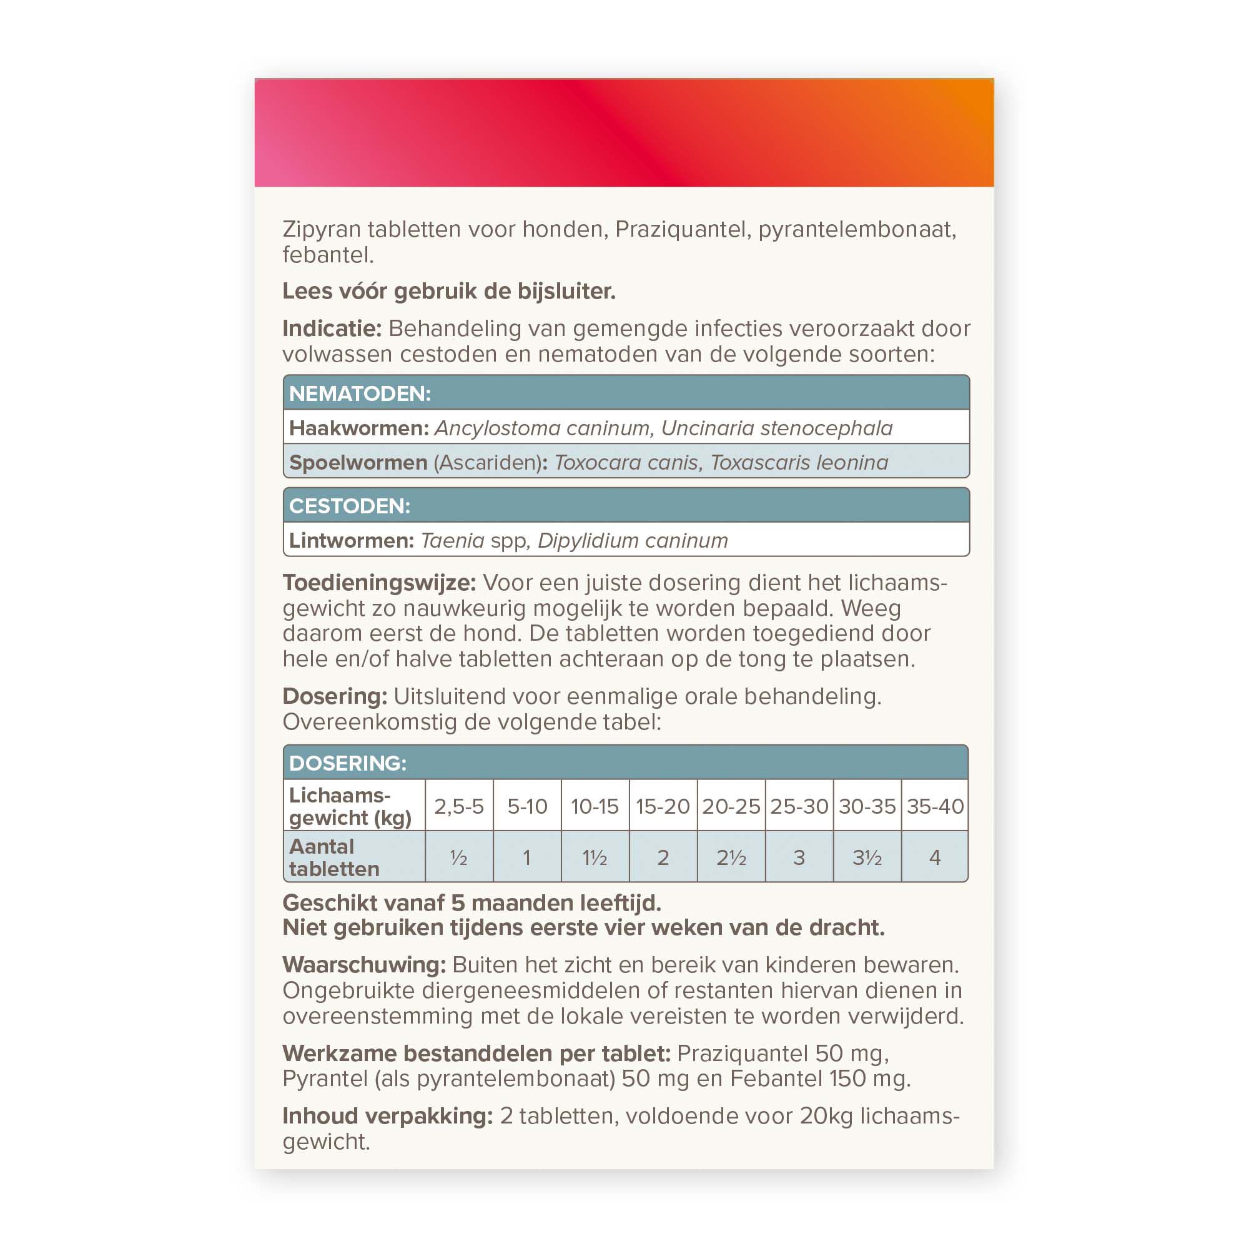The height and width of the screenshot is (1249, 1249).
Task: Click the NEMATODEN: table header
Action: [626, 392]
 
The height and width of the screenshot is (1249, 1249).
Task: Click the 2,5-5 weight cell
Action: [459, 806]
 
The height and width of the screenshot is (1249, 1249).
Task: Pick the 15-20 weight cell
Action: [663, 806]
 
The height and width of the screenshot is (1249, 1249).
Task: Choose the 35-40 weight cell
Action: [934, 806]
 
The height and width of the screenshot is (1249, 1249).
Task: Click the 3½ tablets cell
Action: [867, 857]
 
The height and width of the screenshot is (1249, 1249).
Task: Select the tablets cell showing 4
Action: [934, 857]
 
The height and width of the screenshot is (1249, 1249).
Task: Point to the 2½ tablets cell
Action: [731, 857]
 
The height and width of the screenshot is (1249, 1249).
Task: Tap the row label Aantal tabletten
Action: [334, 857]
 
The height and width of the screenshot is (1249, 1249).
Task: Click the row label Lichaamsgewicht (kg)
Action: [350, 806]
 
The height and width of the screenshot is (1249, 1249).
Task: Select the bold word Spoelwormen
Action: [358, 462]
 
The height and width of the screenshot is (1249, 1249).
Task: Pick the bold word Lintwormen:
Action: [351, 540]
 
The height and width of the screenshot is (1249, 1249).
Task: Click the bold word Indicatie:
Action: [332, 328]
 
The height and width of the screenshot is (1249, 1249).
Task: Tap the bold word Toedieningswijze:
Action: [379, 583]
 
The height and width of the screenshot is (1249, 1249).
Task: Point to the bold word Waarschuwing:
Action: [364, 965]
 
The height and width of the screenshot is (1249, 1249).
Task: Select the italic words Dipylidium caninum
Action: [632, 540]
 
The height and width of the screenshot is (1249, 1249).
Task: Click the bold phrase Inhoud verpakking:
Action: [387, 1116]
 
